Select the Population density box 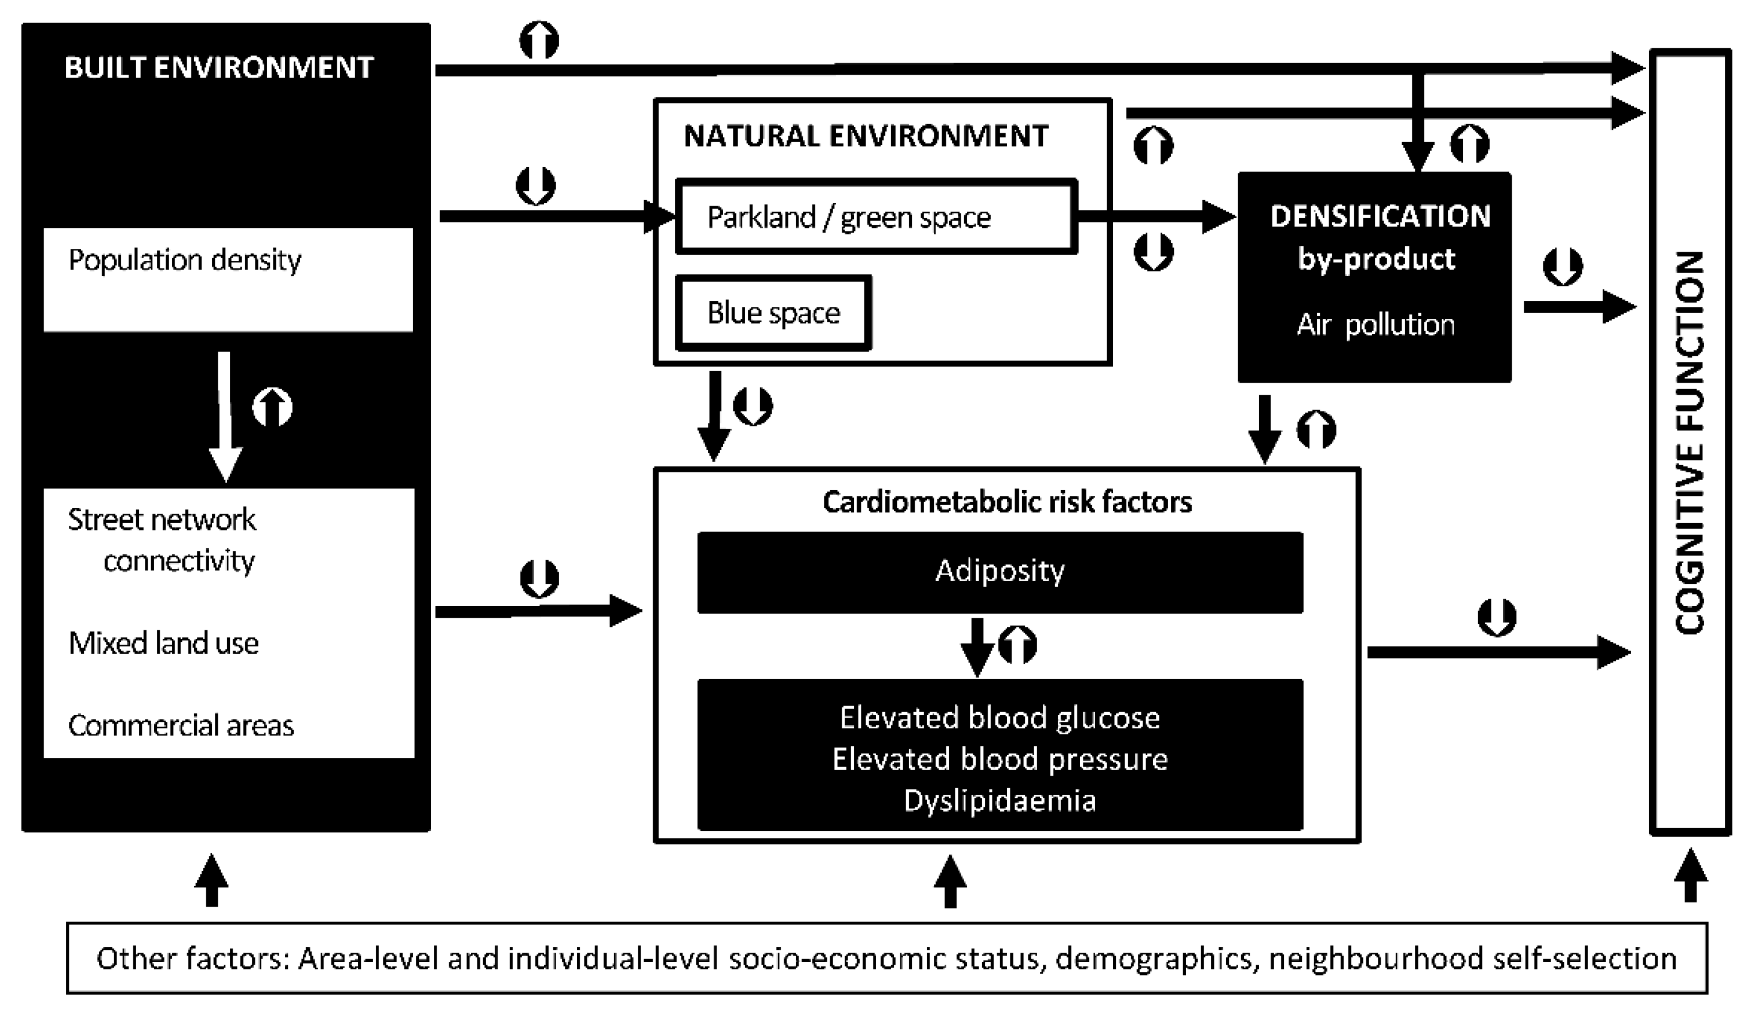click(228, 279)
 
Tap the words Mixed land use click(164, 644)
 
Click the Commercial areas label click(181, 726)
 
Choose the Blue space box click(773, 313)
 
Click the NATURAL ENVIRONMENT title click(866, 136)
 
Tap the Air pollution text click(1376, 325)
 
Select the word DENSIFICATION click(1380, 217)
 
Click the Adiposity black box click(1000, 572)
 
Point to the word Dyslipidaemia click(1000, 801)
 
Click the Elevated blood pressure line click(1000, 759)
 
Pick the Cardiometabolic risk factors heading click(1007, 502)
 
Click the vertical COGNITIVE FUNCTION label click(1690, 442)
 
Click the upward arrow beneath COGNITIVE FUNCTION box click(1690, 875)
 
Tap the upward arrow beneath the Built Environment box click(211, 880)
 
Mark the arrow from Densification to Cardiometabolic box click(1265, 428)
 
